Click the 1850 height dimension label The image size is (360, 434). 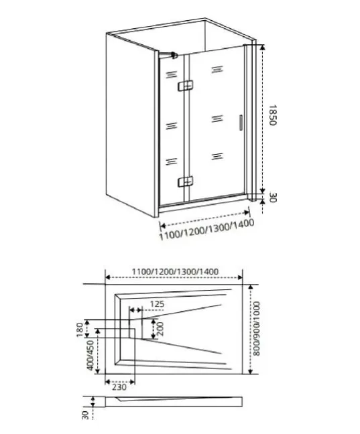[x=273, y=115]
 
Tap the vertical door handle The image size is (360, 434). [x=241, y=123]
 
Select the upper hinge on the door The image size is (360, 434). [x=186, y=86]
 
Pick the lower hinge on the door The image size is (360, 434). [x=186, y=182]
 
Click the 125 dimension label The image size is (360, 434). [x=157, y=304]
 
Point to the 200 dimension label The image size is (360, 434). [x=160, y=329]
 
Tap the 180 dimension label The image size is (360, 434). [x=80, y=330]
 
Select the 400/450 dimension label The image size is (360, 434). [x=91, y=355]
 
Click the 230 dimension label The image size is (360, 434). [x=119, y=386]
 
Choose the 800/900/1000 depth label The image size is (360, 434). [x=257, y=329]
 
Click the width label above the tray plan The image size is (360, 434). [x=175, y=271]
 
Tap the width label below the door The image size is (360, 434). [x=206, y=230]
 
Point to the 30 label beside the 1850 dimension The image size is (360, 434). [x=273, y=198]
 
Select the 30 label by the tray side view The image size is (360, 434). [x=85, y=415]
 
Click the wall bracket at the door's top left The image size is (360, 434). [x=174, y=55]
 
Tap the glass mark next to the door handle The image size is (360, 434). [x=217, y=119]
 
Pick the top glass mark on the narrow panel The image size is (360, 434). [x=171, y=74]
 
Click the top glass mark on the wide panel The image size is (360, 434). [x=217, y=69]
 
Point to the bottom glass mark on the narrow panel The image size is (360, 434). [x=171, y=161]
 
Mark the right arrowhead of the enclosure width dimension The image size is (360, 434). [x=247, y=212]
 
